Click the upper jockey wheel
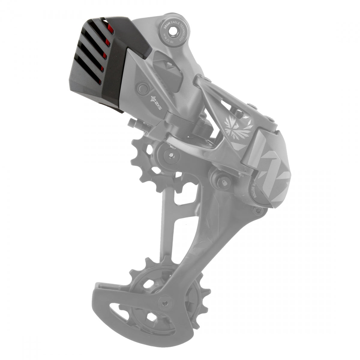point(159,162)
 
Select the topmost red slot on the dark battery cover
point(110,28)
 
